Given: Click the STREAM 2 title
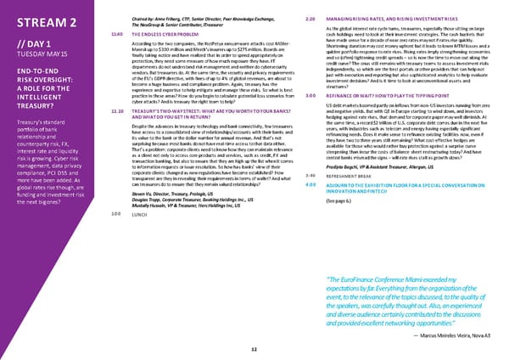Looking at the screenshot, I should click(x=43, y=21).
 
